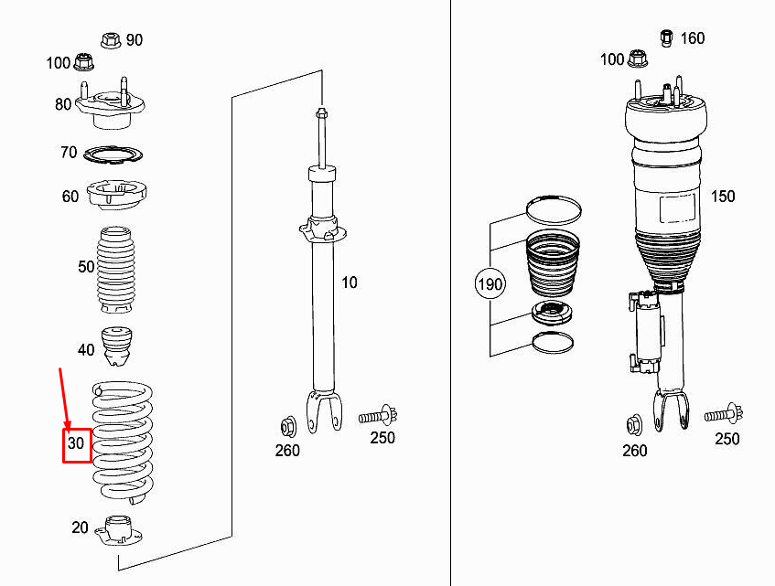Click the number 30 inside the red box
(77, 444)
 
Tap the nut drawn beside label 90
(110, 40)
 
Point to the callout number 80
(63, 104)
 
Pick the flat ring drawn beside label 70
(114, 154)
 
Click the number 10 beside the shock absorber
(350, 282)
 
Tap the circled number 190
(490, 285)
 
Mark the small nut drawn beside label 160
(667, 37)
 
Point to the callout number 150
(723, 197)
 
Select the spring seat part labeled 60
(116, 195)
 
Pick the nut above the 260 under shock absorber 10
(286, 425)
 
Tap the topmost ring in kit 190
(553, 208)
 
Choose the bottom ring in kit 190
(553, 343)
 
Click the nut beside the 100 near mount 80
(87, 63)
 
